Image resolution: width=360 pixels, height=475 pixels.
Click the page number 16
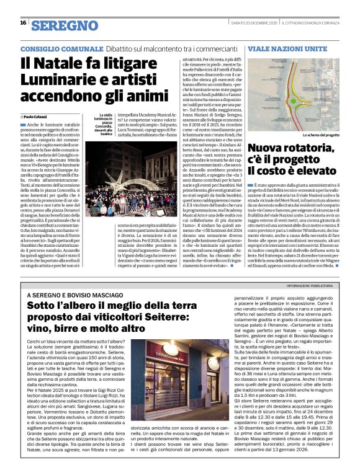pyautogui.click(x=22, y=24)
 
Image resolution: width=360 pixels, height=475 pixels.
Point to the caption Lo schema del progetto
pyautogui.click(x=321, y=135)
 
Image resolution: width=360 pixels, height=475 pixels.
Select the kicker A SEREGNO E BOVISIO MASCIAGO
pyautogui.click(x=71, y=295)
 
